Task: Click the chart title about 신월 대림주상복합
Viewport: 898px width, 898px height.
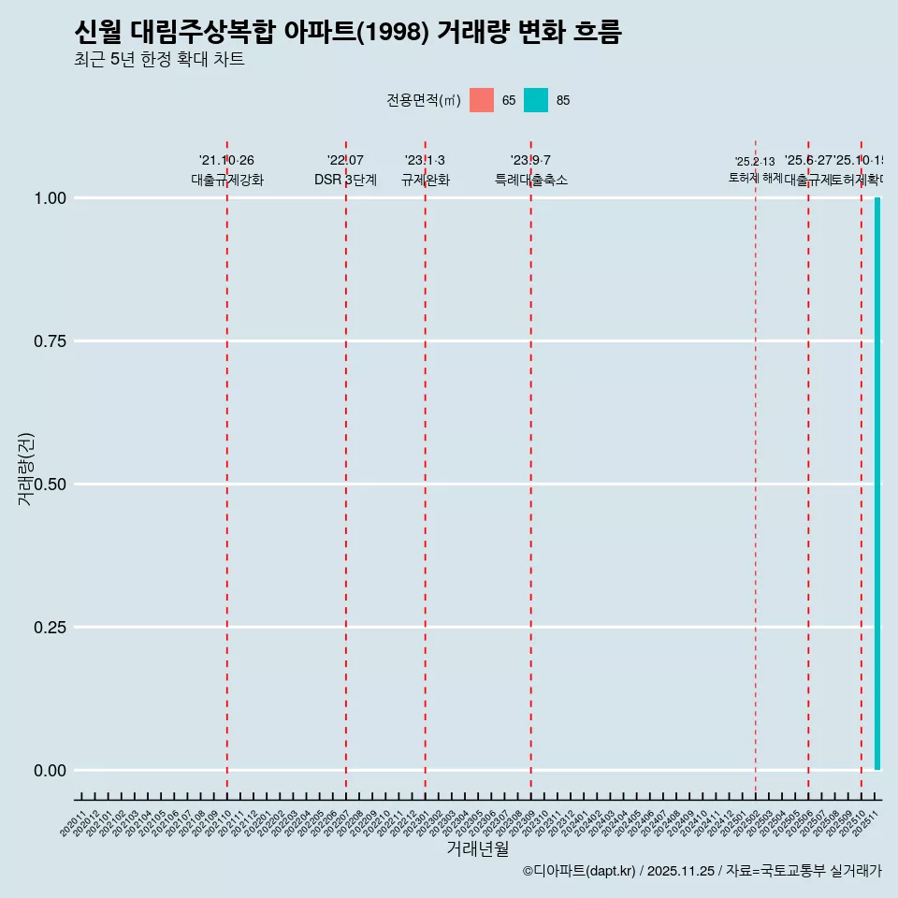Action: click(347, 33)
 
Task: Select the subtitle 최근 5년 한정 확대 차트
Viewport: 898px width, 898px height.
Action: click(159, 61)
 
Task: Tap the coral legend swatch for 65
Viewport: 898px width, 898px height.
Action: click(482, 100)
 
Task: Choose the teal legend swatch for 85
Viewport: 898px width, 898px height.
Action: click(536, 100)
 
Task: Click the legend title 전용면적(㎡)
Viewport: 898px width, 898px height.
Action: click(423, 100)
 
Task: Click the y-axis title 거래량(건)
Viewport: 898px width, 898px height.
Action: click(25, 469)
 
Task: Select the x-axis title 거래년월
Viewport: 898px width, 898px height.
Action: click(477, 848)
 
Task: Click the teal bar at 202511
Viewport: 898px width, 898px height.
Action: click(877, 484)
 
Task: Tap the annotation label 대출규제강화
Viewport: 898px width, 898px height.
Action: click(227, 180)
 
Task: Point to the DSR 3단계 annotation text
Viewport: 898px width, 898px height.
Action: click(345, 180)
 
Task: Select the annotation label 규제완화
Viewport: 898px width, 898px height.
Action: click(426, 180)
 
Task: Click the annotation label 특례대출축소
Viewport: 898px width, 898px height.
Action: click(531, 180)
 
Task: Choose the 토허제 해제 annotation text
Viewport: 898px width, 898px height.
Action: click(755, 178)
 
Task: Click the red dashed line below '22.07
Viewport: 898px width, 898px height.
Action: click(346, 468)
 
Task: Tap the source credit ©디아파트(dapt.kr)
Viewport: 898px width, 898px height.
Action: click(580, 871)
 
